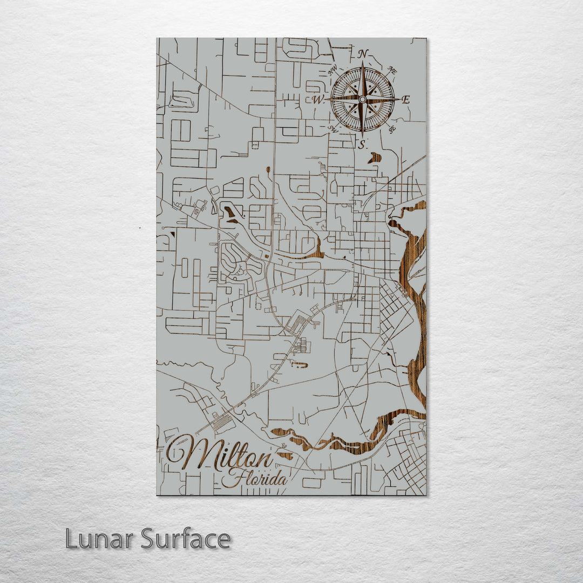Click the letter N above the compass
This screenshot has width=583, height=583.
click(363, 54)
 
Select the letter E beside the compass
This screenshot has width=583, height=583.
click(406, 99)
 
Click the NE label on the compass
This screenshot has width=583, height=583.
click(392, 71)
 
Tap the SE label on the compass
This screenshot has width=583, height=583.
click(392, 128)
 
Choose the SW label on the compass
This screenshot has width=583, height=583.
click(333, 129)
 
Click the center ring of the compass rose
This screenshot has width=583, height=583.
click(362, 99)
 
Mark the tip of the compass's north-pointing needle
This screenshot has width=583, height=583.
click(362, 63)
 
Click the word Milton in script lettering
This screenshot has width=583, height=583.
click(221, 455)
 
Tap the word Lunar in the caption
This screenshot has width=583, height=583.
click(100, 539)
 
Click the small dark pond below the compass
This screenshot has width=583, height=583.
click(374, 158)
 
